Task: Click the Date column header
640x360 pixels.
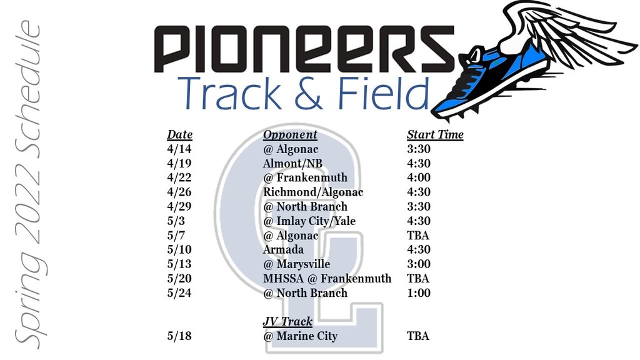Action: coord(179,134)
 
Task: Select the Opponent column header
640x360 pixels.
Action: coord(290,135)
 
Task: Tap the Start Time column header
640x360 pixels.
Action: coord(435,134)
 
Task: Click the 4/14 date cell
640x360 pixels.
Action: coord(179,149)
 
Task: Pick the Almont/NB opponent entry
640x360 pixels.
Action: coord(292,163)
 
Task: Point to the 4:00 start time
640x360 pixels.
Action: coord(419,177)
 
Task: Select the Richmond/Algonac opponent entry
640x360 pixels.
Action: coord(313,192)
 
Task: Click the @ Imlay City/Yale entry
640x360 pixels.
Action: coord(309,221)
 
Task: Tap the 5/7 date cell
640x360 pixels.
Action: coord(176,236)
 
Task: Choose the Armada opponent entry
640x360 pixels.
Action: coord(283,249)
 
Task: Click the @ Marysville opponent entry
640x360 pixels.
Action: coord(297,264)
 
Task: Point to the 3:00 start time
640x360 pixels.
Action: coord(419,264)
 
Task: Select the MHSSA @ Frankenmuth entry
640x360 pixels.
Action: coord(327,279)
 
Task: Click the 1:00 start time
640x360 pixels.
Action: coord(419,293)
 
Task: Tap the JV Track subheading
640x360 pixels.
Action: coord(287,321)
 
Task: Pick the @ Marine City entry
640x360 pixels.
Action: coord(301,336)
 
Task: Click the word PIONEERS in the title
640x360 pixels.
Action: coord(304,49)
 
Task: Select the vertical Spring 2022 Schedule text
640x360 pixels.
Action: coord(29,184)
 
